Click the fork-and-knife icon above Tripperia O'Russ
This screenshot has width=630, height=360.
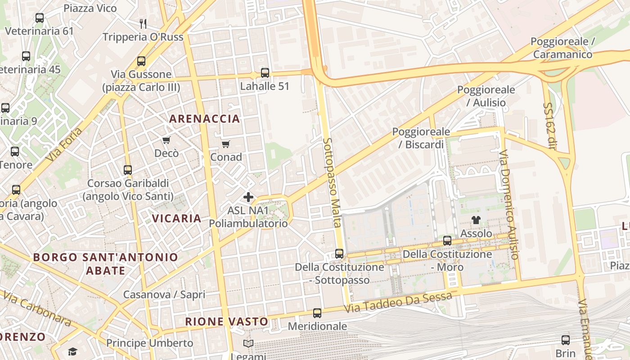(x=143, y=23)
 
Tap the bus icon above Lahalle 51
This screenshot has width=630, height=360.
(x=265, y=72)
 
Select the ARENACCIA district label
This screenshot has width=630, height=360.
(x=205, y=119)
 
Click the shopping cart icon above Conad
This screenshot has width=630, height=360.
(x=226, y=144)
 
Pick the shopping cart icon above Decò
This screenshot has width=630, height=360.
(x=166, y=140)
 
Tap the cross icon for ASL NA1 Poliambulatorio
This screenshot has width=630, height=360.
(x=248, y=197)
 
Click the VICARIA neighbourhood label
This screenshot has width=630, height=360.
(x=176, y=218)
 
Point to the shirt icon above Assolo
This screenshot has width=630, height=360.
(x=476, y=220)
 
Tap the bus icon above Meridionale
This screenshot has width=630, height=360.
(x=317, y=313)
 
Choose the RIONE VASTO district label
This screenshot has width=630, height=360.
(x=227, y=321)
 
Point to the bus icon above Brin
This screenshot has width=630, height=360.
(x=566, y=340)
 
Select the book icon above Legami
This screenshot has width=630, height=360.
(x=248, y=344)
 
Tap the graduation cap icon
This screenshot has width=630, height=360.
(x=72, y=351)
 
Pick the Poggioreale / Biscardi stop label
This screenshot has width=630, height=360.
(x=421, y=138)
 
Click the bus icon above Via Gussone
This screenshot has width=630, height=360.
(x=141, y=61)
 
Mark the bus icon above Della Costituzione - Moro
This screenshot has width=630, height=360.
(x=447, y=241)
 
